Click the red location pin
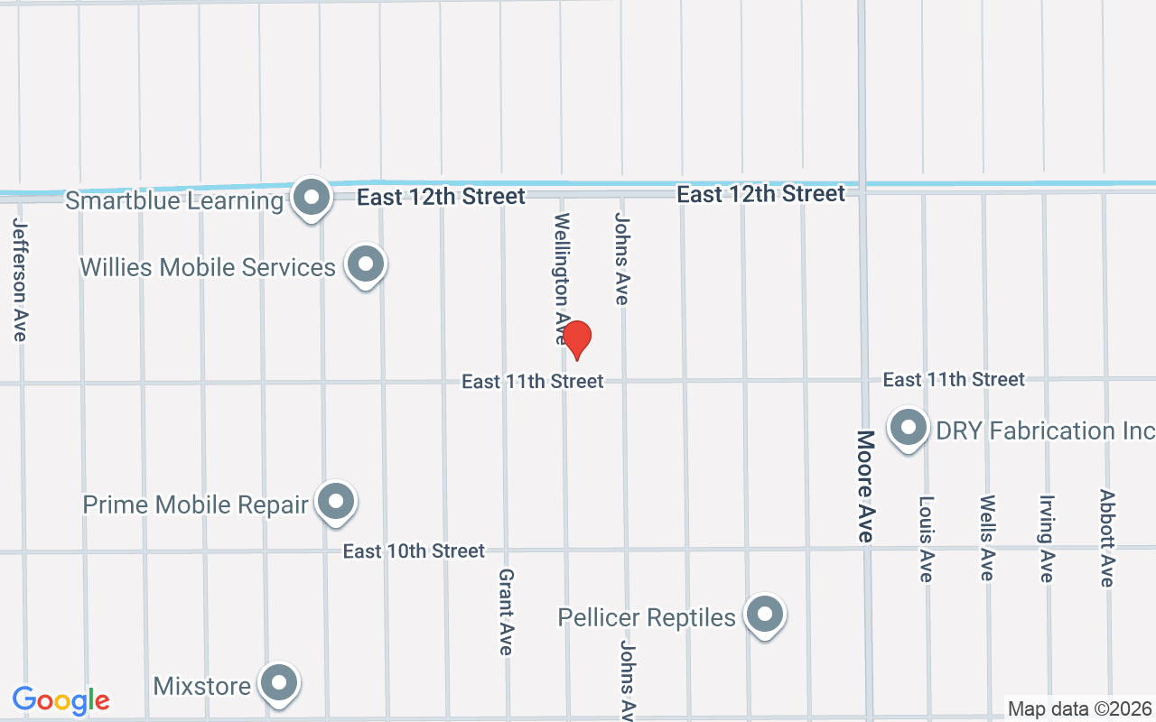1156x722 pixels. pyautogui.click(x=576, y=338)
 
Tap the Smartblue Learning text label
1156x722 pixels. pyautogui.click(x=174, y=200)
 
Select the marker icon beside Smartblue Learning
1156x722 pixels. pyautogui.click(x=312, y=196)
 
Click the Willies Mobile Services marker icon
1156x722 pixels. pyautogui.click(x=366, y=264)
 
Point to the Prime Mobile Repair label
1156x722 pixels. pyautogui.click(x=195, y=504)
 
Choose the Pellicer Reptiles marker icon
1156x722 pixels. pyautogui.click(x=765, y=614)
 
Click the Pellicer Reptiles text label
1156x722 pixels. pyautogui.click(x=647, y=617)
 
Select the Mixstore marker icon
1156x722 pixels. pyautogui.click(x=279, y=682)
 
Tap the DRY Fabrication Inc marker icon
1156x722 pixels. pyautogui.click(x=909, y=427)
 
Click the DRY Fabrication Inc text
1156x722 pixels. pyautogui.click(x=1045, y=430)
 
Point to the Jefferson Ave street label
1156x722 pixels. pyautogui.click(x=20, y=280)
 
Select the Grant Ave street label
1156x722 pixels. pyautogui.click(x=506, y=611)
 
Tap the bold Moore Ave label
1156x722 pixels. pyautogui.click(x=865, y=486)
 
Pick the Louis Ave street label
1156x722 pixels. pyautogui.click(x=926, y=538)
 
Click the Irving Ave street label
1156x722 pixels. pyautogui.click(x=1047, y=538)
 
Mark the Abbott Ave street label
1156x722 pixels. pyautogui.click(x=1107, y=538)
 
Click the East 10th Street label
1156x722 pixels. pyautogui.click(x=414, y=551)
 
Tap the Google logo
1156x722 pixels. pyautogui.click(x=61, y=700)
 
